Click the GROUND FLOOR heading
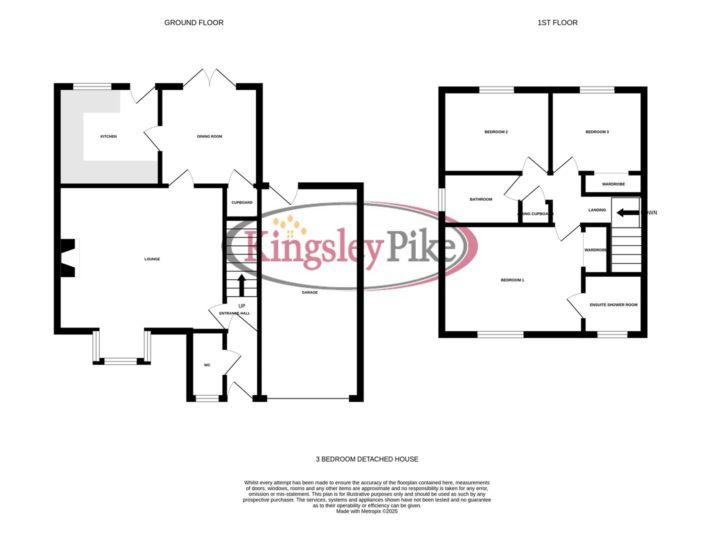coord(193,22)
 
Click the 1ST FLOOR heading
coord(557,22)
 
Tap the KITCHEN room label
coord(108,136)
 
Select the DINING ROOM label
coord(209,136)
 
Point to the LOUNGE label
coord(152,259)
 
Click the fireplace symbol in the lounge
coord(68,258)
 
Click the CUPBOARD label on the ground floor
coord(242,202)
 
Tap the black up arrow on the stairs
coord(241,285)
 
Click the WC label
coord(207,365)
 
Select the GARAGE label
coord(309,292)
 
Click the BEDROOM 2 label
coord(496,132)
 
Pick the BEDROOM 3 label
coord(597,132)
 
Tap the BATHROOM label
coord(480,199)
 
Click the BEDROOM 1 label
coord(512,280)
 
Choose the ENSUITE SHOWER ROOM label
coord(613,305)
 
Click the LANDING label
coord(597,210)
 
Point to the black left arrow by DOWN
coord(627,213)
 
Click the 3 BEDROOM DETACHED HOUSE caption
coord(367,459)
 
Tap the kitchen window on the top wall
coord(92,86)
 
